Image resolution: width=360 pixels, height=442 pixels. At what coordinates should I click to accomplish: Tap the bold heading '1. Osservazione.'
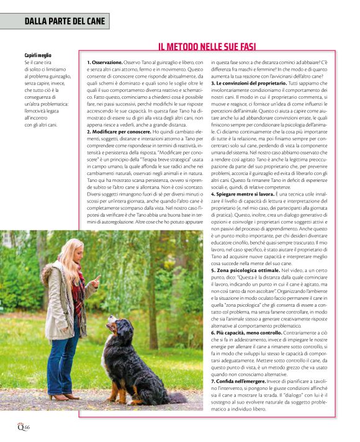[105, 63]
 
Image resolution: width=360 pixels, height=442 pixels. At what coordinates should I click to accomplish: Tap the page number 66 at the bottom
[27, 427]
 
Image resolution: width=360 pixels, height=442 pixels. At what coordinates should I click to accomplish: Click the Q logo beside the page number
[20, 426]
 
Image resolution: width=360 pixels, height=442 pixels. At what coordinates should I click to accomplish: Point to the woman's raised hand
[96, 281]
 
